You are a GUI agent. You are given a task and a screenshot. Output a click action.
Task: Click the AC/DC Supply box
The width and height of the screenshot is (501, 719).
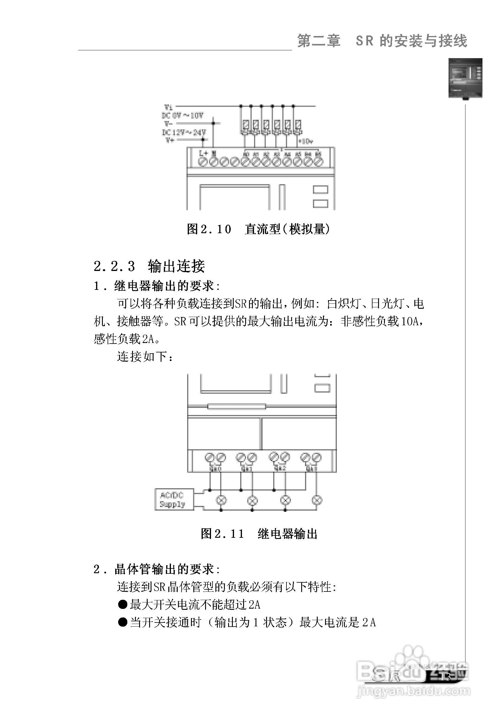coord(174,499)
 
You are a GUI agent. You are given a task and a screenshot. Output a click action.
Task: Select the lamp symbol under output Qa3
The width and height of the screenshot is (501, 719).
coord(317,500)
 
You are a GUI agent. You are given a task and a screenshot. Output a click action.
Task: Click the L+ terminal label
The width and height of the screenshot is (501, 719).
coord(204,153)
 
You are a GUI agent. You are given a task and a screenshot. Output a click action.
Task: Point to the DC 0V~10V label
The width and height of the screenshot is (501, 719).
coord(182,116)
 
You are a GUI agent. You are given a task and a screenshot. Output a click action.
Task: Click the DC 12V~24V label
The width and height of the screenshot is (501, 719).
coord(184,132)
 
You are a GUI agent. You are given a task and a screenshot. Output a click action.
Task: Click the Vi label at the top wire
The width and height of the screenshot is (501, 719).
coord(169,107)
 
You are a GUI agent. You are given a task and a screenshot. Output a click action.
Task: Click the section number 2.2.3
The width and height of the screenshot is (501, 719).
coord(114,267)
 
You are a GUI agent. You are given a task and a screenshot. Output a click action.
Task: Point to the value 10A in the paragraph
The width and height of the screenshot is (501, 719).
coord(410,321)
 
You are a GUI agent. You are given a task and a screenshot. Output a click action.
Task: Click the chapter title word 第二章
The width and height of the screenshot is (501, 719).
coord(319,41)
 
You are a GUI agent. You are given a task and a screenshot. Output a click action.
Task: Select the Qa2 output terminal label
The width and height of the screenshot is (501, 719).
coord(280,469)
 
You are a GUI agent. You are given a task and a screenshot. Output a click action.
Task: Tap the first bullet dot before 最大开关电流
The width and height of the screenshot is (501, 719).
coord(122,604)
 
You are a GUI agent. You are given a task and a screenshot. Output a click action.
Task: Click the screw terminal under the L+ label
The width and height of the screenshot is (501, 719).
coord(203,162)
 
